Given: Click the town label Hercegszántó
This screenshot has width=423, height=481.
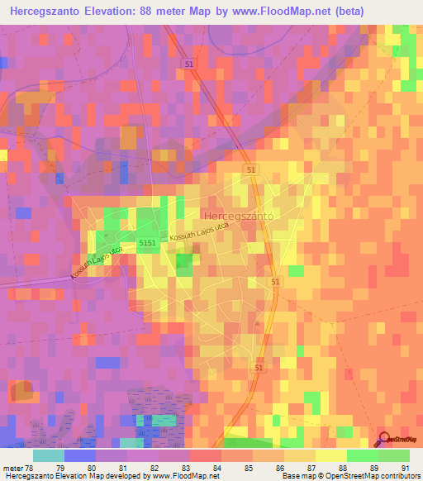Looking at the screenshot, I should click(237, 215).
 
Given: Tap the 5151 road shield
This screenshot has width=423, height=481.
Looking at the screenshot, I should click(149, 242).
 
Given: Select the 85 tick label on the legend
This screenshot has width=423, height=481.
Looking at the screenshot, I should click(235, 467).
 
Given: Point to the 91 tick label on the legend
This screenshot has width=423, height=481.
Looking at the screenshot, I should click(404, 467).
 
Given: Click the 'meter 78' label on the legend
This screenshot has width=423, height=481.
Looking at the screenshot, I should click(17, 467).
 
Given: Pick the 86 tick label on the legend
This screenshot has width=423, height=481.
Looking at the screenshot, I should click(267, 467).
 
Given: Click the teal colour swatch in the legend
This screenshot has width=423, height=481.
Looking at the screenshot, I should click(49, 455).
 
